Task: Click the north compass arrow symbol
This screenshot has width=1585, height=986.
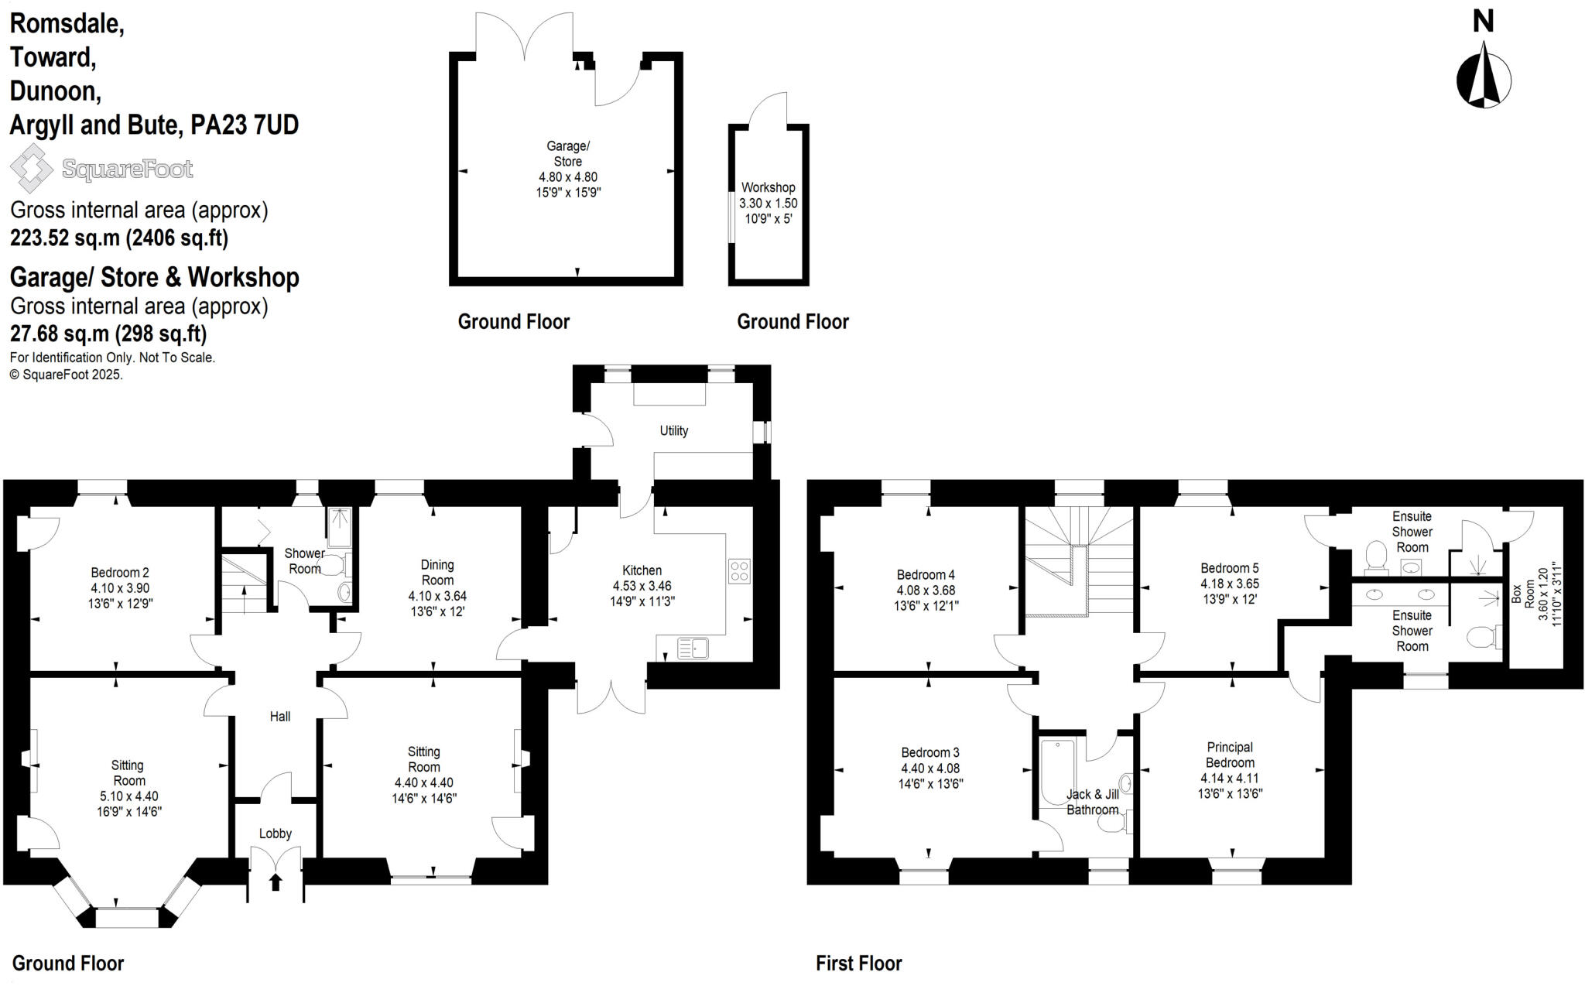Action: tap(1484, 75)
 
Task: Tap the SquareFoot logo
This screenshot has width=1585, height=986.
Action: tap(101, 168)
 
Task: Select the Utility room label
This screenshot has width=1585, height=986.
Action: tap(673, 431)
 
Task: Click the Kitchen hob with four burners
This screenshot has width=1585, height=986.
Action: tap(739, 571)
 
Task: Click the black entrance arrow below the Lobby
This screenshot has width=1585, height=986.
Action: tap(275, 882)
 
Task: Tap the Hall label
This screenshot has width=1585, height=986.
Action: tap(280, 717)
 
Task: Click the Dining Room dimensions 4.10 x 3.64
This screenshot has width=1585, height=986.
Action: tap(437, 596)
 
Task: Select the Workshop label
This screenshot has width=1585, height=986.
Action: tap(768, 187)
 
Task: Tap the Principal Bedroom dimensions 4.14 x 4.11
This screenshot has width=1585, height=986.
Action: tap(1230, 778)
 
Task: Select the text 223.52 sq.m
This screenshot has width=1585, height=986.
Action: tap(65, 238)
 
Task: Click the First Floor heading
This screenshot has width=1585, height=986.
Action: tap(858, 964)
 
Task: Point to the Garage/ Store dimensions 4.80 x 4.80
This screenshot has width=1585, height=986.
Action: tap(568, 177)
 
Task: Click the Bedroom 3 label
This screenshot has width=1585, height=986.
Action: tap(930, 752)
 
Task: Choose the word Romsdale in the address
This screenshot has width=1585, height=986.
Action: tap(67, 24)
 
